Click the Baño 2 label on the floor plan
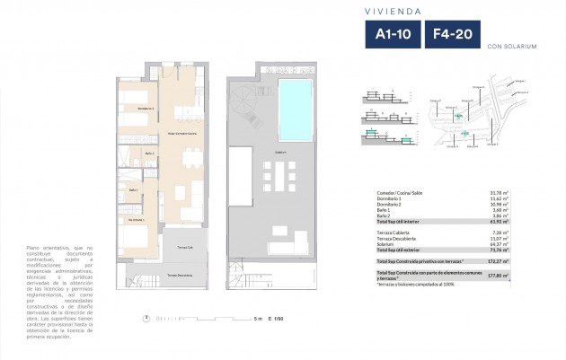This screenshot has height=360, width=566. point(132,190)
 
